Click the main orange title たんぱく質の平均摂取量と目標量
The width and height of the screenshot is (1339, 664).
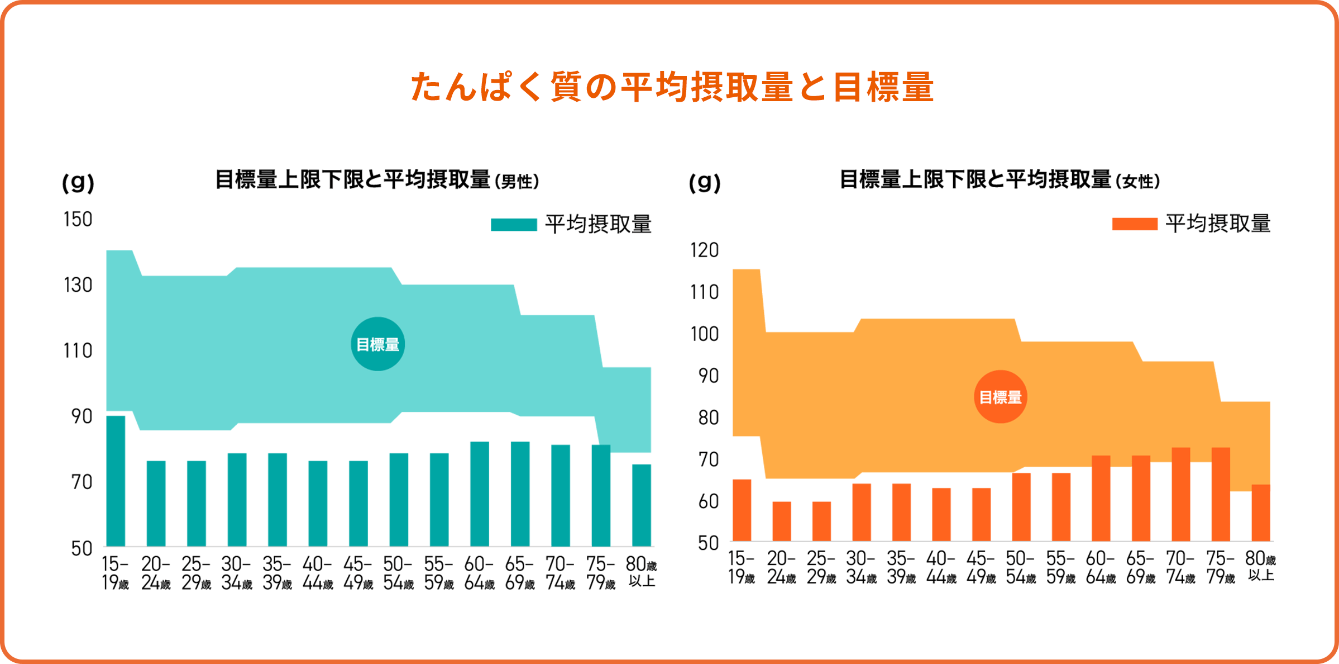tap(672, 87)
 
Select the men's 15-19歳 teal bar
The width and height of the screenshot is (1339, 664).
tap(116, 481)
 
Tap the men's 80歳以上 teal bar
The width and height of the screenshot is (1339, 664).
tap(641, 505)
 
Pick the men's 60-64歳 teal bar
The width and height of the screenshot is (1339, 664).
tap(479, 494)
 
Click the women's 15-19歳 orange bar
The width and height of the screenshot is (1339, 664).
tap(742, 510)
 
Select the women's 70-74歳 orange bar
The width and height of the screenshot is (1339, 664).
tap(1180, 494)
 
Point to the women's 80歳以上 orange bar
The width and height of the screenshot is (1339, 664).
tap(1260, 513)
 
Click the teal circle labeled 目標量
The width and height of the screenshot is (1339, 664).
tap(378, 344)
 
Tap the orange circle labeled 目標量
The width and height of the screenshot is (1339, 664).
tap(1000, 397)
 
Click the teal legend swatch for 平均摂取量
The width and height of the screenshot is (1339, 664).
tap(514, 225)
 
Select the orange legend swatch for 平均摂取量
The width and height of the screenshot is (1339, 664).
tap(1134, 224)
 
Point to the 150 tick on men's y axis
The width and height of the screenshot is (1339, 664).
tap(78, 219)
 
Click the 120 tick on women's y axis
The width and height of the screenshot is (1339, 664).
tap(704, 250)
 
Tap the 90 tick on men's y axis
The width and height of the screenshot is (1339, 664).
tap(82, 416)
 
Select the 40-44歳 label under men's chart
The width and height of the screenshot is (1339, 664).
tap(317, 573)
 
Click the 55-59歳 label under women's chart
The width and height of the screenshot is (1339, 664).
tap(1060, 568)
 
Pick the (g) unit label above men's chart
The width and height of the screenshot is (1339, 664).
tap(78, 182)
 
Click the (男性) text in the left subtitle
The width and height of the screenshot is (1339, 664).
tap(517, 182)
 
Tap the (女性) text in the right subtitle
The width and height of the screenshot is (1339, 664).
tap(1137, 182)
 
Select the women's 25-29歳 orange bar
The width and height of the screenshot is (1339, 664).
tap(821, 521)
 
